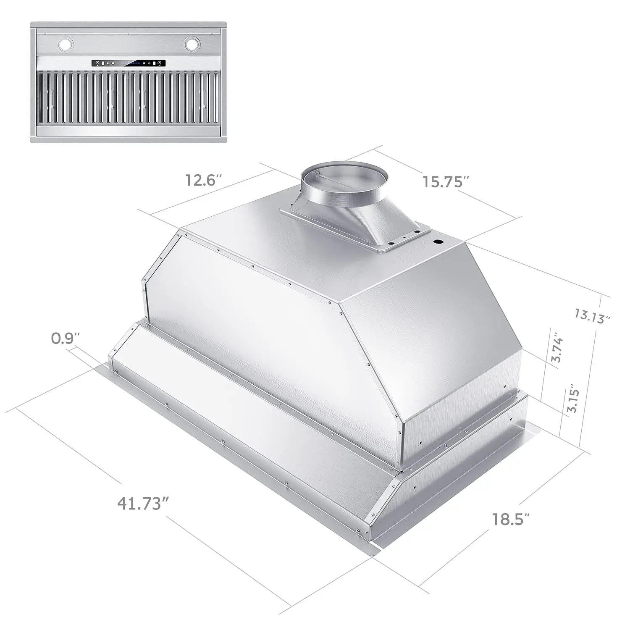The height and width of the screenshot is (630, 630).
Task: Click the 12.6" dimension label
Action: click(x=203, y=180)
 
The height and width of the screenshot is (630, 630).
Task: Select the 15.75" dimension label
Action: click(x=445, y=182)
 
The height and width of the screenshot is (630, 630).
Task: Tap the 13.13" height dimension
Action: click(x=592, y=316)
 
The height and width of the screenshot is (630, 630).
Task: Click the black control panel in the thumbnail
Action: click(x=129, y=63)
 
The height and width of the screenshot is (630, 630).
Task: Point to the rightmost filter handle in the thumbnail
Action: click(x=205, y=98)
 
